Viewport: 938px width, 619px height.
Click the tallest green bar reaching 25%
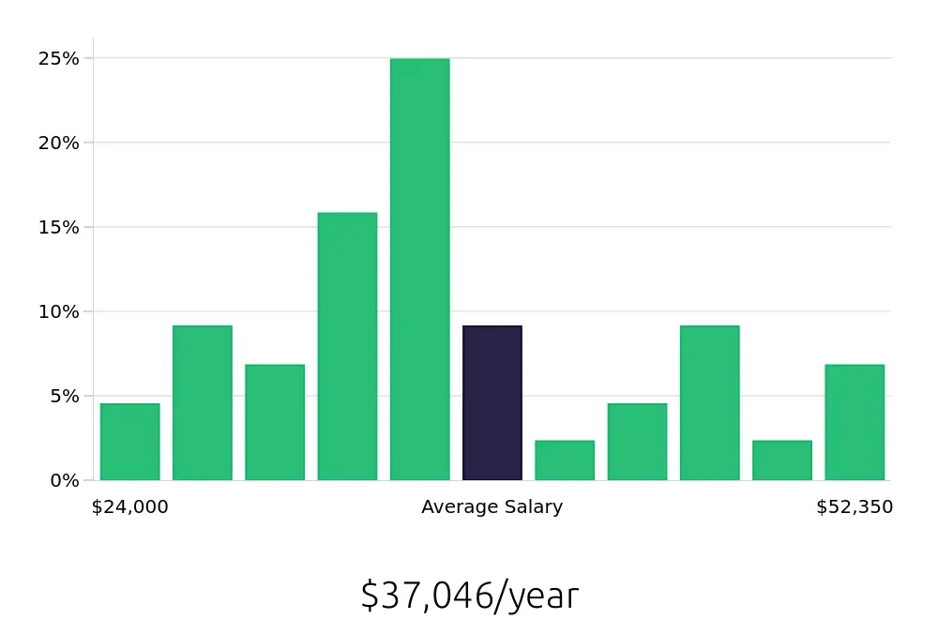click(419, 269)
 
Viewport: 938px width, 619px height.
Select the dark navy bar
click(492, 403)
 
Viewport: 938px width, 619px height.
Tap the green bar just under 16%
click(347, 346)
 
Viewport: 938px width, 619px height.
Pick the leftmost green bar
click(129, 442)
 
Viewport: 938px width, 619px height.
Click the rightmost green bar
click(855, 422)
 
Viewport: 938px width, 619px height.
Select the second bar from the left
click(202, 403)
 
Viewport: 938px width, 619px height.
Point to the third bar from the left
click(275, 422)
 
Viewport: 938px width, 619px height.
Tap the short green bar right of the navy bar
click(565, 460)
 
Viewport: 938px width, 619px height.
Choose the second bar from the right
click(782, 460)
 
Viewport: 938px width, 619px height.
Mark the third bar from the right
click(710, 403)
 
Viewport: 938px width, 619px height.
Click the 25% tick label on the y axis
click(58, 58)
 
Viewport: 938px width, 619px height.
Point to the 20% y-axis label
click(58, 143)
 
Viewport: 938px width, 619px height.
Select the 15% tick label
click(58, 227)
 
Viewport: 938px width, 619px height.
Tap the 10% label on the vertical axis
click(58, 311)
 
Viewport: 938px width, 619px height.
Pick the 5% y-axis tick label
click(63, 396)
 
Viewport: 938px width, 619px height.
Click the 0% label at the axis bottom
click(65, 480)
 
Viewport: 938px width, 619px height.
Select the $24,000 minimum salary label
click(129, 507)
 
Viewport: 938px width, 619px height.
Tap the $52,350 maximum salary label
click(855, 507)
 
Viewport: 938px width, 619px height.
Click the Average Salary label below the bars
click(492, 507)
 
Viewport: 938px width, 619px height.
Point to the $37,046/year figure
click(469, 596)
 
